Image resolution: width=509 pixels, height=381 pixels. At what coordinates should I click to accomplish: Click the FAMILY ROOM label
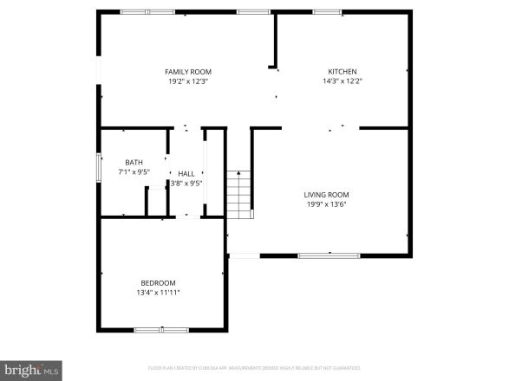pos(188,72)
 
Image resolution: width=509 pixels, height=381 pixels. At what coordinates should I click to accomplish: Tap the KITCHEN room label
pos(342,72)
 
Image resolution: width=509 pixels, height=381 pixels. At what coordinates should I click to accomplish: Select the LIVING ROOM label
pos(326,195)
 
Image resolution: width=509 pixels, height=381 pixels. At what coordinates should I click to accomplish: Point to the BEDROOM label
pos(159,283)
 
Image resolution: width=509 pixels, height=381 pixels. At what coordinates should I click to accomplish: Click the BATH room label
pos(134,162)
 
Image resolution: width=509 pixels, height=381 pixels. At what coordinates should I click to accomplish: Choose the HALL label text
pos(186,173)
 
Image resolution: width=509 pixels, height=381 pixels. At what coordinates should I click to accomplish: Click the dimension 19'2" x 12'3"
pos(188,81)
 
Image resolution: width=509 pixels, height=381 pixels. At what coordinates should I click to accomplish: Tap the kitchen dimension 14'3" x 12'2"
pos(342,81)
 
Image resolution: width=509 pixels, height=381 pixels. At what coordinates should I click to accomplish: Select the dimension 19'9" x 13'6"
pos(326,204)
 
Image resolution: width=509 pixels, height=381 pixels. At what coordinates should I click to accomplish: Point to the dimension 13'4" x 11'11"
pos(159,293)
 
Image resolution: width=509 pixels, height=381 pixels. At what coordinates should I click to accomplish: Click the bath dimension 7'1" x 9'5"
pos(134,171)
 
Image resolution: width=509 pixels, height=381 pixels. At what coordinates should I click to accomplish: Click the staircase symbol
pos(238,195)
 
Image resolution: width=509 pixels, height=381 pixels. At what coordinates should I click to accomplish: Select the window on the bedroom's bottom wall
pos(160,330)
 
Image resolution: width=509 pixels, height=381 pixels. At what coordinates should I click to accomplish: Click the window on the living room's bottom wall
pos(329,255)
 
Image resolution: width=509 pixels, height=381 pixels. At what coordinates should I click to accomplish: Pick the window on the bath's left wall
pos(98,166)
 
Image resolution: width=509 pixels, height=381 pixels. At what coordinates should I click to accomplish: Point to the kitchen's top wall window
pos(326,11)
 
